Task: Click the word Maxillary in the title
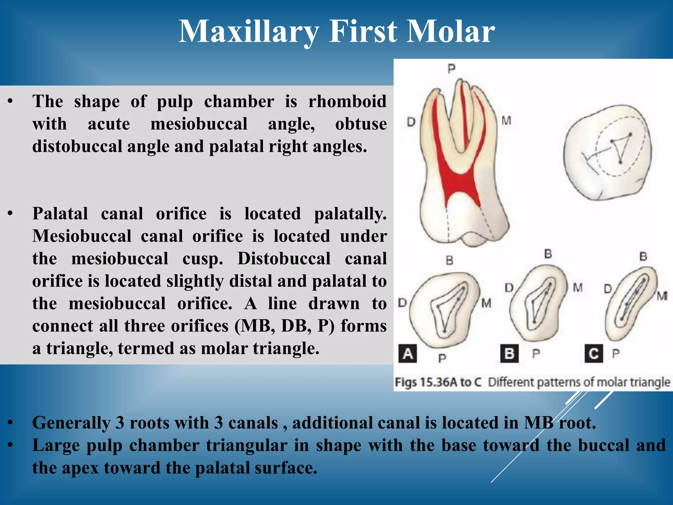coord(248,32)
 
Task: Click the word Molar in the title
coord(451,32)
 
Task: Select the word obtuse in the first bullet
coord(361,124)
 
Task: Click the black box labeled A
coord(407,354)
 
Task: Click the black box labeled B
coord(509,354)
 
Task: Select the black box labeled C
coord(593,354)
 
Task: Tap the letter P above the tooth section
coord(452,69)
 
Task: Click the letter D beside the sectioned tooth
coord(411,122)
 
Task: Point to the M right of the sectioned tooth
coord(506,121)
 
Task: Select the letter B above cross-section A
coord(449,261)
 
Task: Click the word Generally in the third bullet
coord(71,423)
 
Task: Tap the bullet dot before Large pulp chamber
coord(11,446)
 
